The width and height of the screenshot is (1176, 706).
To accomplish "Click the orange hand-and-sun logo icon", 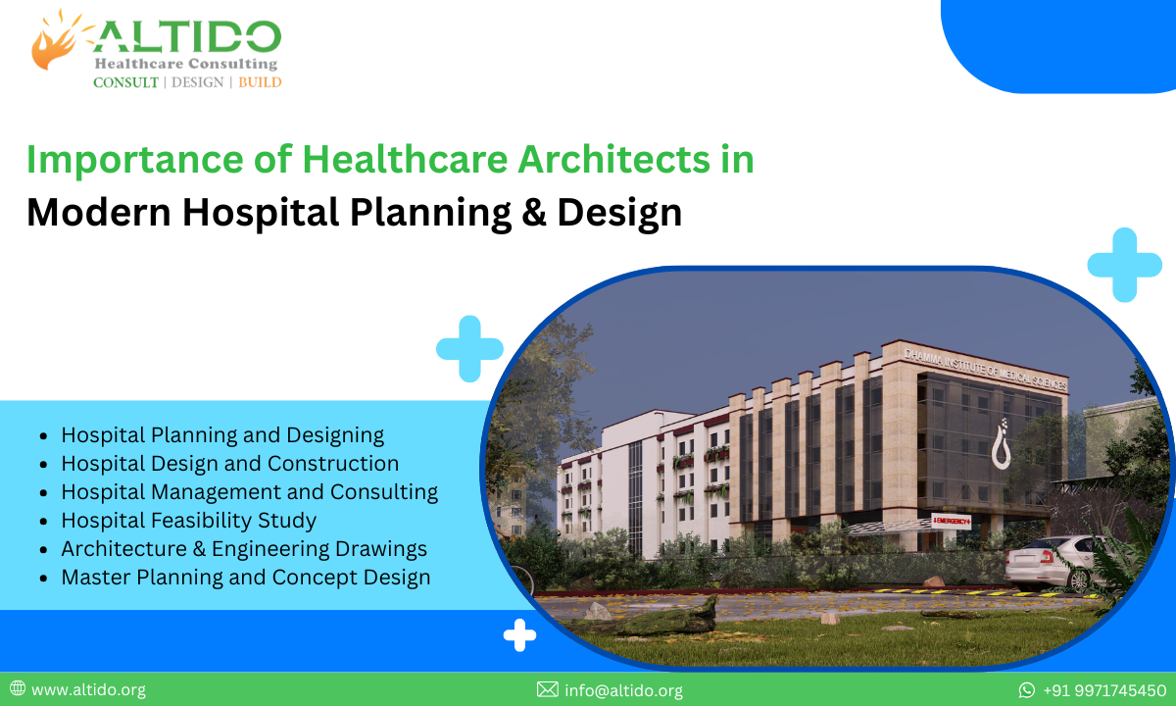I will coord(55,40).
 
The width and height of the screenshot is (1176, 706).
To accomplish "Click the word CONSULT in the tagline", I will coord(125,82).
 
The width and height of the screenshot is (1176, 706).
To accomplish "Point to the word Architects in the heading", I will coord(575,160).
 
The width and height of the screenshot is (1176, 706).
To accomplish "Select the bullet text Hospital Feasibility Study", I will coord(188,520).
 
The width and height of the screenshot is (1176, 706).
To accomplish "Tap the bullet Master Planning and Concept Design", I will coord(245,577).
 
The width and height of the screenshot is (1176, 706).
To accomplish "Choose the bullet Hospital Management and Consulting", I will coord(249,491).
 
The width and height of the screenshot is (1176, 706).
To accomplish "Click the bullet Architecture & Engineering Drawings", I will coord(244,548).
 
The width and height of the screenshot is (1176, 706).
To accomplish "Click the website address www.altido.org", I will coord(88,690).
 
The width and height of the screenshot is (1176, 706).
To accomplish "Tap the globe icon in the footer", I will coord(18,689).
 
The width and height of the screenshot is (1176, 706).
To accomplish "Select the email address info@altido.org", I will coord(623,690).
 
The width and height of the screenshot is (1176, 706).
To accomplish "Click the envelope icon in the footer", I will coord(548,690).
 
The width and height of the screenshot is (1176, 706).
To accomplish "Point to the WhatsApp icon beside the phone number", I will coord(1027,690).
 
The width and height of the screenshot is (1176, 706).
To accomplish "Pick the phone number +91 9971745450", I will coord(1104,690).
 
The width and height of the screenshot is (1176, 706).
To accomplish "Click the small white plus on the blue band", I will coord(519,635).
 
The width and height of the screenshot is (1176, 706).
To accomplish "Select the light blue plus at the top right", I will coord(1124,264).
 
